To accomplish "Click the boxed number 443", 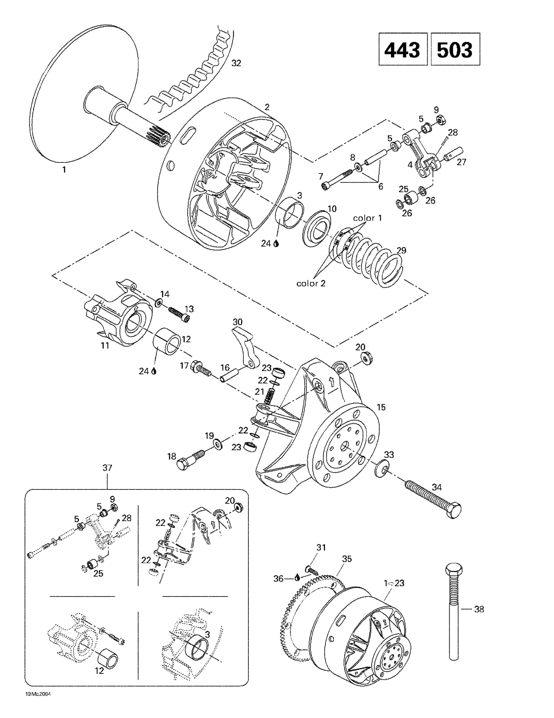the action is click(x=402, y=49).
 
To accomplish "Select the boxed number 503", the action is click(x=455, y=49).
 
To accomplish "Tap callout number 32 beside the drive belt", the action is click(x=236, y=63).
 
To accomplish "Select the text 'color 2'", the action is click(x=311, y=283).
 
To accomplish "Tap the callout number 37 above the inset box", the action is click(x=107, y=467).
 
